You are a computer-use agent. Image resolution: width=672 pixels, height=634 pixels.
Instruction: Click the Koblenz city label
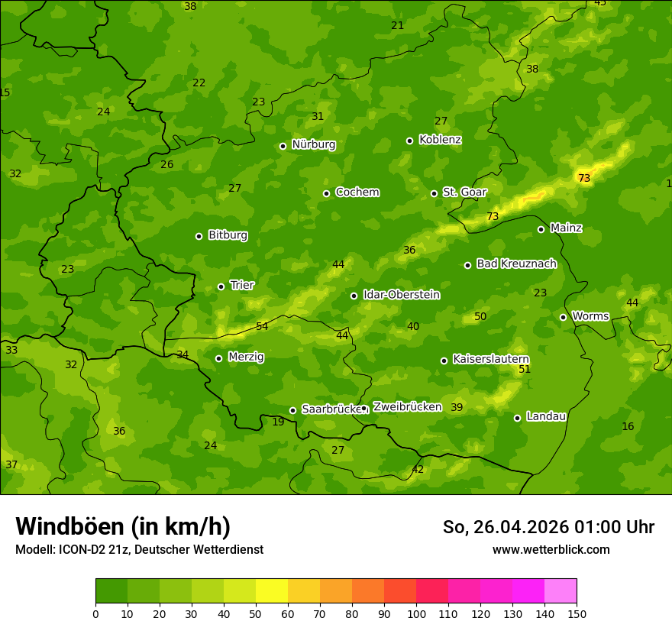tap(440, 140)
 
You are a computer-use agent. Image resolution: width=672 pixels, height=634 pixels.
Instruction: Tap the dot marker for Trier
tap(221, 286)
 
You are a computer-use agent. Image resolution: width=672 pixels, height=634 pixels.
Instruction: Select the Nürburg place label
tap(313, 144)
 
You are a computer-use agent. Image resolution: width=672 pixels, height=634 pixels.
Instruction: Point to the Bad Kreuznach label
tap(516, 264)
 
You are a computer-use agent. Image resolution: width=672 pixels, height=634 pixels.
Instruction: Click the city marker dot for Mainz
tap(541, 229)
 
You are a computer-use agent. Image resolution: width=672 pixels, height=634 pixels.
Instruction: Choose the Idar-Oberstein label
tap(401, 294)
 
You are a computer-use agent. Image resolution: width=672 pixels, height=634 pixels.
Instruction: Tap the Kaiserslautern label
tap(491, 359)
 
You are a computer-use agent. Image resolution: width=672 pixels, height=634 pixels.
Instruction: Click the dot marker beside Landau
tap(517, 418)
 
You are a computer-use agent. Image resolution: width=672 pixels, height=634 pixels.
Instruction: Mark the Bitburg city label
tap(228, 235)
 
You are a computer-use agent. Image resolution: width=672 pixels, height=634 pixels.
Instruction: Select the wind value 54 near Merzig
tap(262, 326)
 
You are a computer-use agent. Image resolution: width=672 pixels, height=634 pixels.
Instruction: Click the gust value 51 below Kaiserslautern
tap(525, 370)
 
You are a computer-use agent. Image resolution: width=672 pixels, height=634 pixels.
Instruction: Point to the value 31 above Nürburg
tap(318, 117)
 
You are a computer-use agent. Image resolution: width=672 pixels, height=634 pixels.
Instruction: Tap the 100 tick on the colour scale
tap(416, 613)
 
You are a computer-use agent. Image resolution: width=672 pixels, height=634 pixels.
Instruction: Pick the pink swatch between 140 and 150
tap(561, 590)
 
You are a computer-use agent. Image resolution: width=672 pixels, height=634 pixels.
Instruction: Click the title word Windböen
tap(69, 526)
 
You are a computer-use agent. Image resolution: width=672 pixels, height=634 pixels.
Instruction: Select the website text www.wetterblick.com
tap(551, 549)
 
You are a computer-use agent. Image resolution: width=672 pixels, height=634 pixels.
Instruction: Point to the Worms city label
tap(590, 316)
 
